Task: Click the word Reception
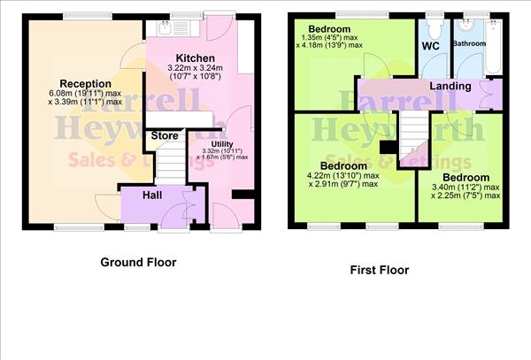pyautogui.click(x=86, y=84)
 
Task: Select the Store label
pyautogui.click(x=165, y=136)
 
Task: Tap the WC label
pyautogui.click(x=432, y=43)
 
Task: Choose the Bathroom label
pyautogui.click(x=469, y=43)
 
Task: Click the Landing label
pyautogui.click(x=450, y=86)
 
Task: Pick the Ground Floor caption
pyautogui.click(x=138, y=262)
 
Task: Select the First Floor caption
pyautogui.click(x=379, y=270)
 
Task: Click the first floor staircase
pyautogui.click(x=410, y=137)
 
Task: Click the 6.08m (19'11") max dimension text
pyautogui.click(x=86, y=95)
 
